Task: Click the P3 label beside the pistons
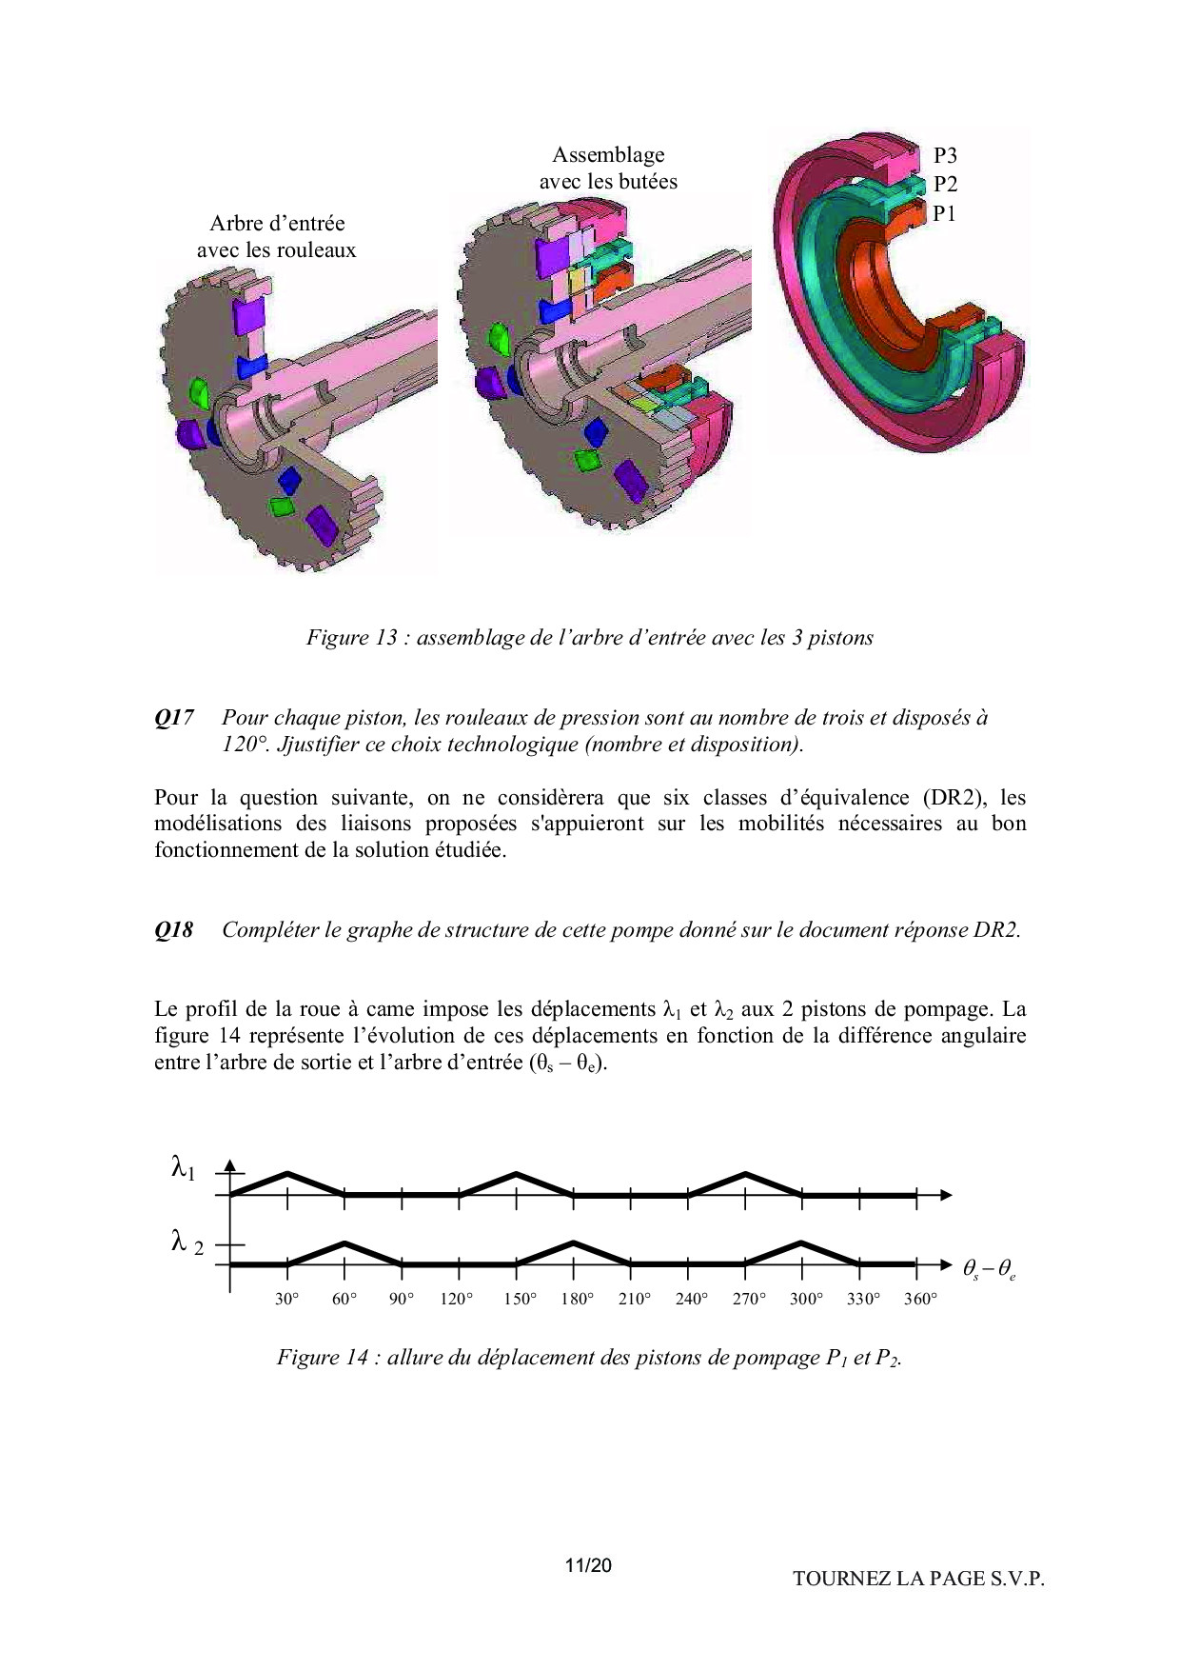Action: (x=944, y=156)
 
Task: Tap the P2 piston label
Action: (x=944, y=185)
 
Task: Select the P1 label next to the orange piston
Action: (x=943, y=214)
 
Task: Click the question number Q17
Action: (x=174, y=719)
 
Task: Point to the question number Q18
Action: (x=174, y=930)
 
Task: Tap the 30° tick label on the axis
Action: (x=287, y=1300)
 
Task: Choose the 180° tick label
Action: (x=577, y=1300)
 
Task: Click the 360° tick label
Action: (x=920, y=1300)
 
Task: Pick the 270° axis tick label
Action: (x=749, y=1300)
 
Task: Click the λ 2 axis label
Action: (x=187, y=1243)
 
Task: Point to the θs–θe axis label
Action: (x=989, y=1269)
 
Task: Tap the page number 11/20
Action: (x=587, y=1565)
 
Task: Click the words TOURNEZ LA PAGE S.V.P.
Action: (x=918, y=1579)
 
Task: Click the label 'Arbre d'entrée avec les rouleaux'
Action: (x=277, y=237)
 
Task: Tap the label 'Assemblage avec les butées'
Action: (x=608, y=169)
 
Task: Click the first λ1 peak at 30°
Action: (x=287, y=1173)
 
